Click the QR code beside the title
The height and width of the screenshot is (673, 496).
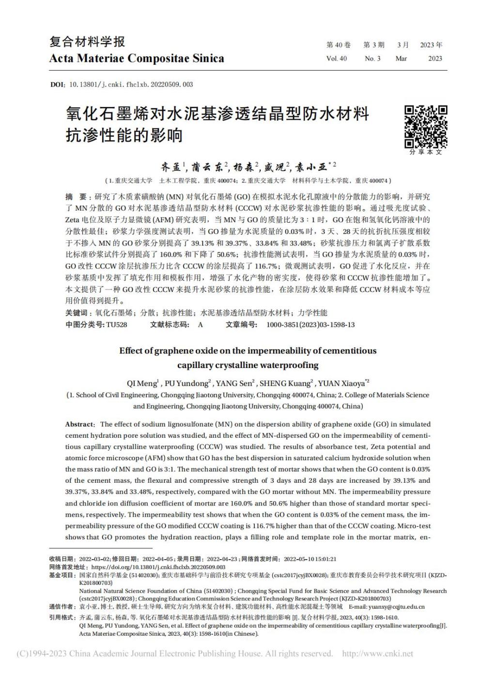click(x=426, y=126)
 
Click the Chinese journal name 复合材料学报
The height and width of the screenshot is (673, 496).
click(x=87, y=42)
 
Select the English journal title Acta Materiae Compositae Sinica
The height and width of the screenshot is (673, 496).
click(x=137, y=59)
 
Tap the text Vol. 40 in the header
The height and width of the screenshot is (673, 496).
click(x=337, y=59)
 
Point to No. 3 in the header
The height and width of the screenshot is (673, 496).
click(x=372, y=59)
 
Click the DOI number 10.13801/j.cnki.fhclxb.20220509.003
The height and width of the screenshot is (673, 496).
click(x=131, y=84)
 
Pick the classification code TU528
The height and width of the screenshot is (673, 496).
click(x=116, y=324)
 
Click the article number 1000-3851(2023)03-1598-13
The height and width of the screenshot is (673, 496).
click(x=310, y=324)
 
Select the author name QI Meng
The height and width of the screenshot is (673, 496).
click(x=142, y=383)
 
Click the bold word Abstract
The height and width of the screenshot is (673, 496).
click(x=78, y=424)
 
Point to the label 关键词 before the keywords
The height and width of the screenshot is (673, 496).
click(x=76, y=313)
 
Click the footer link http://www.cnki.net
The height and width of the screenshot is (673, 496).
click(x=377, y=654)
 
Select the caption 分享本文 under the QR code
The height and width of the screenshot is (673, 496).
click(x=426, y=152)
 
